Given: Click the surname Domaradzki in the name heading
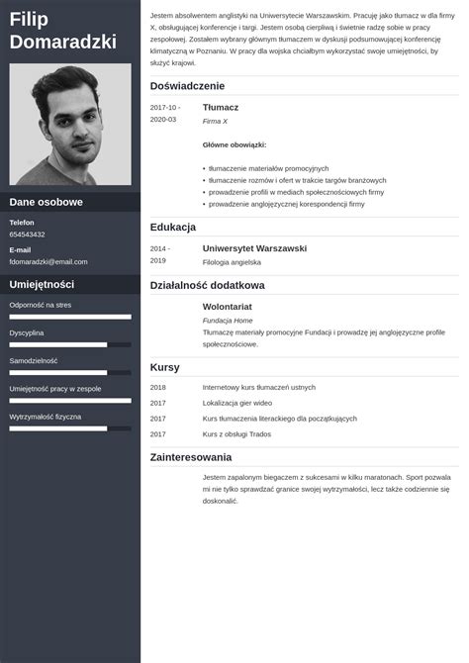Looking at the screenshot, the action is pyautogui.click(x=62, y=42).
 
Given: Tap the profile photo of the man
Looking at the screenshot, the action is pyautogui.click(x=70, y=125).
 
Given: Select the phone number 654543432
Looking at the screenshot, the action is pyautogui.click(x=27, y=235).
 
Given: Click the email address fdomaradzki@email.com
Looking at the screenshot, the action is pyautogui.click(x=48, y=261).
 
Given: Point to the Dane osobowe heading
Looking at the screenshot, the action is pyautogui.click(x=46, y=202).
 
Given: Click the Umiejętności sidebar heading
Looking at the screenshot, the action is pyautogui.click(x=43, y=284).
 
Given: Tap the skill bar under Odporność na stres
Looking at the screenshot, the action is pyautogui.click(x=70, y=317).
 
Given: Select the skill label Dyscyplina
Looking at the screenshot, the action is pyautogui.click(x=27, y=332).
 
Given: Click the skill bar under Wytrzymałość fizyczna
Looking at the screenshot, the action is pyautogui.click(x=70, y=428).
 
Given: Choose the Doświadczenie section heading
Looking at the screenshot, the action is pyautogui.click(x=188, y=86).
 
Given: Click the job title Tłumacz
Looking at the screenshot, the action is pyautogui.click(x=221, y=106).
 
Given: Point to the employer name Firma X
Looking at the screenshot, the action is pyautogui.click(x=215, y=121).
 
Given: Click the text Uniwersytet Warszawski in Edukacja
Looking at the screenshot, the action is pyautogui.click(x=254, y=247).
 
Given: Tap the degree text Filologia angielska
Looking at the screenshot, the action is pyautogui.click(x=232, y=262).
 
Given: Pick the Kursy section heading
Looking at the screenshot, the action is pyautogui.click(x=164, y=367).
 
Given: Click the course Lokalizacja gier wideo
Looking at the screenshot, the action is pyautogui.click(x=237, y=403).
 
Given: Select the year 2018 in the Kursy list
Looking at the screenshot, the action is pyautogui.click(x=158, y=387).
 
